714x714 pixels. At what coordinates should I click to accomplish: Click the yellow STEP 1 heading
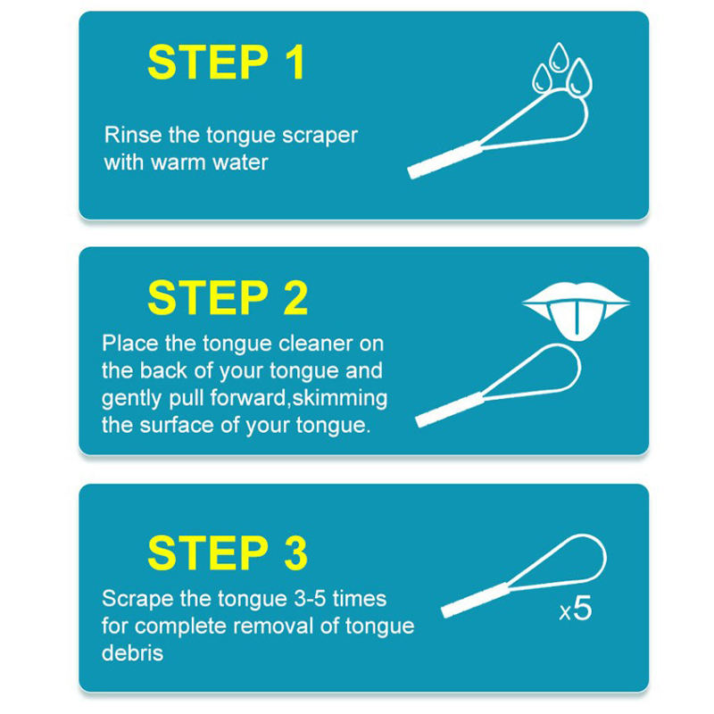tap(227, 62)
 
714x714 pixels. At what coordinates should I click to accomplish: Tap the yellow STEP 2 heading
tap(228, 298)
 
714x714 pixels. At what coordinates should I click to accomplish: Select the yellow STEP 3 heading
tap(228, 552)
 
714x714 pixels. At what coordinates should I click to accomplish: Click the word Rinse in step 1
tap(133, 135)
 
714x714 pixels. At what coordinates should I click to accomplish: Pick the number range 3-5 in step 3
tap(310, 599)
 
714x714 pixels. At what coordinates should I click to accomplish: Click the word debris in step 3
tap(132, 653)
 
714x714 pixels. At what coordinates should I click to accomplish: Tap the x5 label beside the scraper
tap(576, 609)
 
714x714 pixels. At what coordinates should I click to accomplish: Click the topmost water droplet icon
tap(559, 57)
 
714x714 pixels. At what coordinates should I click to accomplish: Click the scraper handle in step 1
tap(444, 160)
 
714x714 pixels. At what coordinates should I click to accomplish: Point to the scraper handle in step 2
tap(451, 410)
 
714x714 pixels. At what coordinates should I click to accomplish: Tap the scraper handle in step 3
tap(477, 600)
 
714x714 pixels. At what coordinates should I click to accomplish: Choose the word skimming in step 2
tap(340, 399)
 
